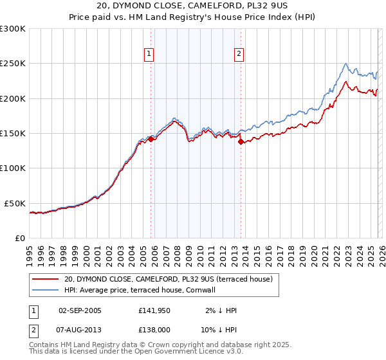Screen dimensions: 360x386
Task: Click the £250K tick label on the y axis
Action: click(x=13, y=64)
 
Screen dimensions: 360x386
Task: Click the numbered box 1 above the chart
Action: click(x=149, y=55)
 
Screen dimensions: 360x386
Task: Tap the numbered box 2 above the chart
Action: click(x=239, y=55)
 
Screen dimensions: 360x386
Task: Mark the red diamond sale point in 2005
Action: click(x=151, y=138)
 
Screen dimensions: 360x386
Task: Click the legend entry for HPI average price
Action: click(x=143, y=290)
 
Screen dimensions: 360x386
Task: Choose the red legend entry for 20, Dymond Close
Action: click(x=169, y=279)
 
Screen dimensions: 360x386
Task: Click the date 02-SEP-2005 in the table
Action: click(x=80, y=310)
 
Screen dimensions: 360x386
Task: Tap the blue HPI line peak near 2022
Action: click(x=346, y=64)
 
